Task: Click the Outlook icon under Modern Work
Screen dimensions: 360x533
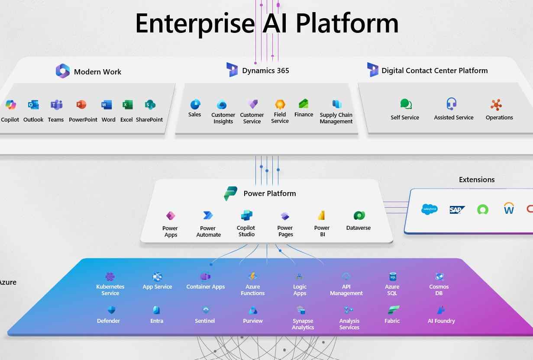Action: pyautogui.click(x=33, y=105)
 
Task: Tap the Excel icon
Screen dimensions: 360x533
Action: pyautogui.click(x=127, y=105)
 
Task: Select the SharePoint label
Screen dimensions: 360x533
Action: pyautogui.click(x=149, y=120)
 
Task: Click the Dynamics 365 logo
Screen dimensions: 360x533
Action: pyautogui.click(x=232, y=70)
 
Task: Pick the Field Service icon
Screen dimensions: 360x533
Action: pyautogui.click(x=280, y=104)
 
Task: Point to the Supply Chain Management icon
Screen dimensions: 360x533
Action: pyautogui.click(x=336, y=104)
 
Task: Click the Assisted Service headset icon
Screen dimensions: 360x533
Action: pyautogui.click(x=452, y=104)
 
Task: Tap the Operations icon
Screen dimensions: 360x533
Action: pyautogui.click(x=497, y=105)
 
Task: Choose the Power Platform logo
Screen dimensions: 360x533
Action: pyautogui.click(x=230, y=193)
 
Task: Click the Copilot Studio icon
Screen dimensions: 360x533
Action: pyautogui.click(x=246, y=215)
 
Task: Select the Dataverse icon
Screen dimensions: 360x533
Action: pyautogui.click(x=359, y=215)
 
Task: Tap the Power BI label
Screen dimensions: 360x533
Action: pyautogui.click(x=322, y=231)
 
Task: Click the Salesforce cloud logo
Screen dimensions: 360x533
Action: pyautogui.click(x=430, y=209)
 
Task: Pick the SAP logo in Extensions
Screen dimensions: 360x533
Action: pyautogui.click(x=457, y=210)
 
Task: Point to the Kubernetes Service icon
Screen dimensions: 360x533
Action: pyautogui.click(x=110, y=276)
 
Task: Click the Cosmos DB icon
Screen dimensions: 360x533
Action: pyautogui.click(x=439, y=276)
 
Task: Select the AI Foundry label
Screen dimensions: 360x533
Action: pyautogui.click(x=441, y=321)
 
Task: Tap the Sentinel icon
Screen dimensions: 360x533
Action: pyautogui.click(x=206, y=310)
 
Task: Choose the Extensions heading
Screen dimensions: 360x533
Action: pyautogui.click(x=477, y=180)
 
